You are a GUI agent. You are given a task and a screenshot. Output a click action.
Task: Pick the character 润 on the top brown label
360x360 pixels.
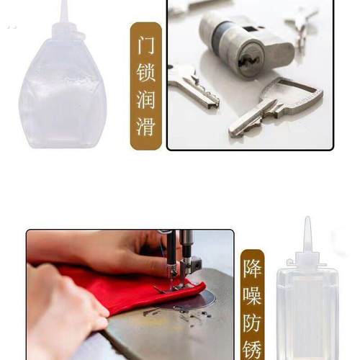(146, 102)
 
